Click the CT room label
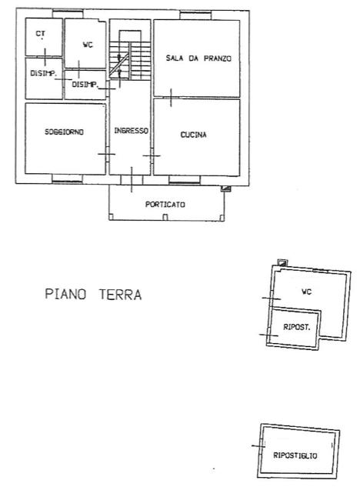pyautogui.click(x=40, y=34)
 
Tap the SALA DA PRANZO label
pyautogui.click(x=198, y=58)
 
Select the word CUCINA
pyautogui.click(x=193, y=135)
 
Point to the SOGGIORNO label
pyautogui.click(x=65, y=132)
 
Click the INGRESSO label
pyautogui.click(x=131, y=131)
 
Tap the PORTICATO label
pyautogui.click(x=165, y=205)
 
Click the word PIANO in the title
pyautogui.click(x=65, y=294)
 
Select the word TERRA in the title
pyautogui.click(x=121, y=295)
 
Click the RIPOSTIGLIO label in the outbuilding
pyautogui.click(x=295, y=455)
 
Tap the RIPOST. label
pyautogui.click(x=297, y=327)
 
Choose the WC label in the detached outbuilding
pyautogui.click(x=307, y=292)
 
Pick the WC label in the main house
pyautogui.click(x=88, y=45)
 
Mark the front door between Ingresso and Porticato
pyautogui.click(x=132, y=180)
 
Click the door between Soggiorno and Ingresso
pyautogui.click(x=107, y=154)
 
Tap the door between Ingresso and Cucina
pyautogui.click(x=152, y=155)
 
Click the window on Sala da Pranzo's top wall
pyautogui.click(x=195, y=15)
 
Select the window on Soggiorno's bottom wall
pyautogui.click(x=68, y=179)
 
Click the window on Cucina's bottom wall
pyautogui.click(x=185, y=180)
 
